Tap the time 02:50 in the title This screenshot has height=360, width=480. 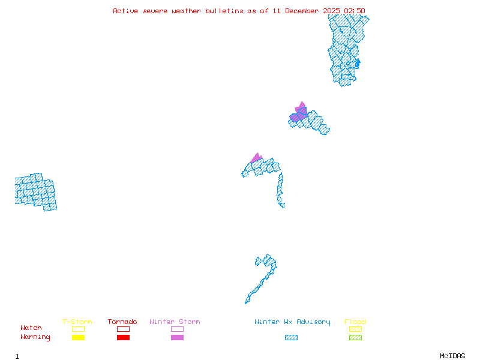click(354, 11)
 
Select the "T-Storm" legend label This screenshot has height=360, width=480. click(77, 322)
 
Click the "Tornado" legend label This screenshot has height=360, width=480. click(122, 322)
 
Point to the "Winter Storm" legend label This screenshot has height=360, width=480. click(175, 322)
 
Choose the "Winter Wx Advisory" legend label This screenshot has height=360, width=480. click(292, 322)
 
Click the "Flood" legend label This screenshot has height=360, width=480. click(355, 322)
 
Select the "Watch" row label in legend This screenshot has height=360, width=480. click(31, 328)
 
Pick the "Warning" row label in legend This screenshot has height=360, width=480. click(35, 337)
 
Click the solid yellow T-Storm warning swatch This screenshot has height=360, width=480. click(78, 337)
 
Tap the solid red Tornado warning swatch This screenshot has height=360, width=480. click(123, 337)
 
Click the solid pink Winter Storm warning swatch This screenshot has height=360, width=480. click(177, 337)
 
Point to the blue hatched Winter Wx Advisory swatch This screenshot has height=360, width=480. click(291, 337)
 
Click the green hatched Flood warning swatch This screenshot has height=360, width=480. click(355, 337)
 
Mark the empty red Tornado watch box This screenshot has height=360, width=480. click(123, 329)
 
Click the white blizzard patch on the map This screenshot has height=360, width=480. click(286, 205)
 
